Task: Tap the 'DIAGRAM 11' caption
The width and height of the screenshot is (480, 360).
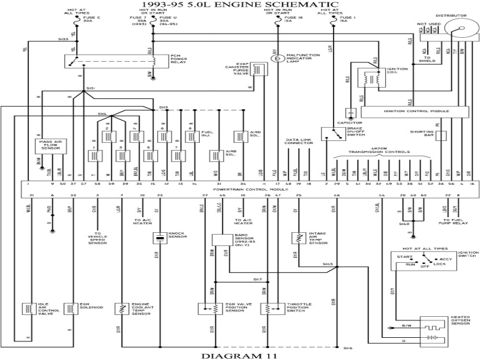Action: click(x=239, y=355)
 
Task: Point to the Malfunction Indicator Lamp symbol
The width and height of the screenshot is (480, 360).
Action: click(x=277, y=59)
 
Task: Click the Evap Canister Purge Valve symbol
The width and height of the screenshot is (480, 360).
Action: click(x=259, y=70)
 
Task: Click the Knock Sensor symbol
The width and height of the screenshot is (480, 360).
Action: click(x=160, y=238)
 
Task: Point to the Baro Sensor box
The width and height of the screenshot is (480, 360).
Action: click(x=221, y=238)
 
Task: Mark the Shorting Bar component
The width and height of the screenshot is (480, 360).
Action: click(x=441, y=136)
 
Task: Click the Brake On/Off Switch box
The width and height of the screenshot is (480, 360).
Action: click(x=329, y=134)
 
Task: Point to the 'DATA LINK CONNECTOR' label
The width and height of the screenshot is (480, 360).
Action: click(x=298, y=142)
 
